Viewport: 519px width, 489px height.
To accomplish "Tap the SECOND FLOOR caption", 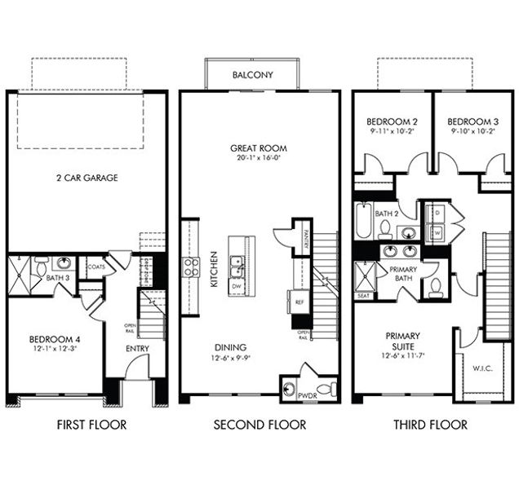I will pyautogui.click(x=259, y=425).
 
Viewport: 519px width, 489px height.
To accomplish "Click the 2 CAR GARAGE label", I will pyautogui.click(x=86, y=177).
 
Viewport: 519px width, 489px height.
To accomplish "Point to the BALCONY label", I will pyautogui.click(x=253, y=75).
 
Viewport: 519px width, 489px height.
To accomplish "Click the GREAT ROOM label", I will pyautogui.click(x=259, y=148).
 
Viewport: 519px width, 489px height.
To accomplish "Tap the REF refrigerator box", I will pyautogui.click(x=300, y=302).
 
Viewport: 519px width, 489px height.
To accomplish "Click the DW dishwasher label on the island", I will pyautogui.click(x=237, y=286).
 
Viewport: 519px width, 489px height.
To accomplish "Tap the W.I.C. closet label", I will pyautogui.click(x=481, y=368).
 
